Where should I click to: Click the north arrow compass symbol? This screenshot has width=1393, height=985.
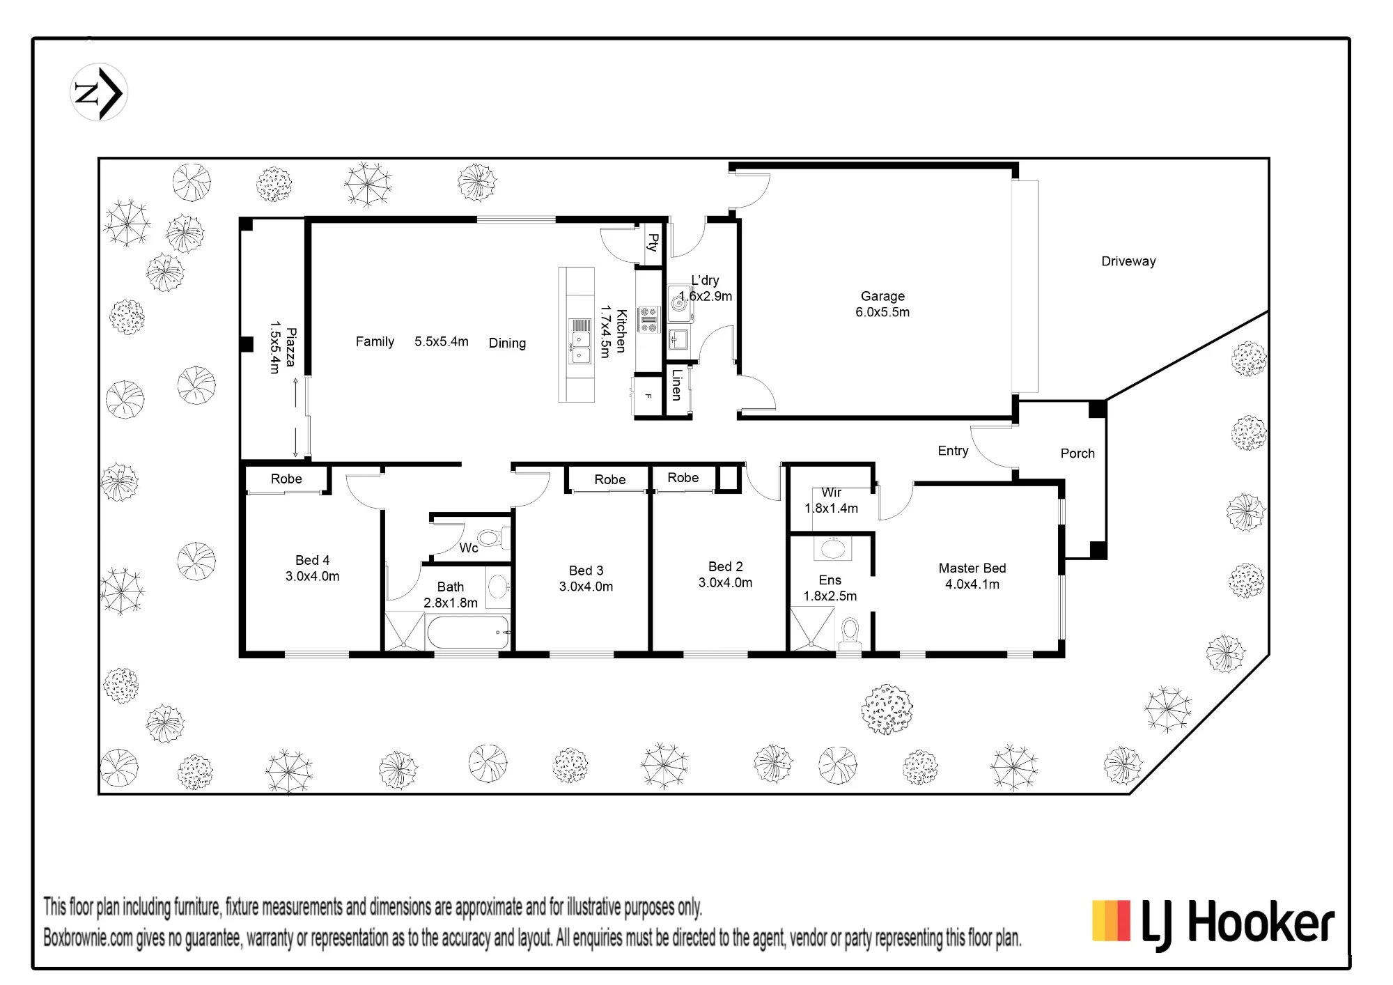99,93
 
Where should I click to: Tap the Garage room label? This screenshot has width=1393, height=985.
882,296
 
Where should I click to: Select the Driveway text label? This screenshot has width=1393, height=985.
1128,261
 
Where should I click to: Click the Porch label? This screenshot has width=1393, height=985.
1077,453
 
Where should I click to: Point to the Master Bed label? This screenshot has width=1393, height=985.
972,568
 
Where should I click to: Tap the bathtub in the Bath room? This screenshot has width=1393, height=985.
467,633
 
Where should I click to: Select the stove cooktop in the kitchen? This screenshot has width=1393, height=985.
648,319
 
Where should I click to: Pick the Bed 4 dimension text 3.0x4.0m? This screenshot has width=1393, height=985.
312,576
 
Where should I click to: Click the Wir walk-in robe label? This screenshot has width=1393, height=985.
832,492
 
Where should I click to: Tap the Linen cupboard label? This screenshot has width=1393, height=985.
676,385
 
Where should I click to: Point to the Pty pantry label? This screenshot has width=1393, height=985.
653,242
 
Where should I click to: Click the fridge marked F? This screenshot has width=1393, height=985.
647,396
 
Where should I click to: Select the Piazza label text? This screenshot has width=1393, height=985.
291,347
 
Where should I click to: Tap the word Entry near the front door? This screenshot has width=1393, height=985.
953,451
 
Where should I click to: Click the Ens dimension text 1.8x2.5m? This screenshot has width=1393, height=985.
830,596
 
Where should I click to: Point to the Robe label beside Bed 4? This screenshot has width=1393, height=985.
286,479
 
